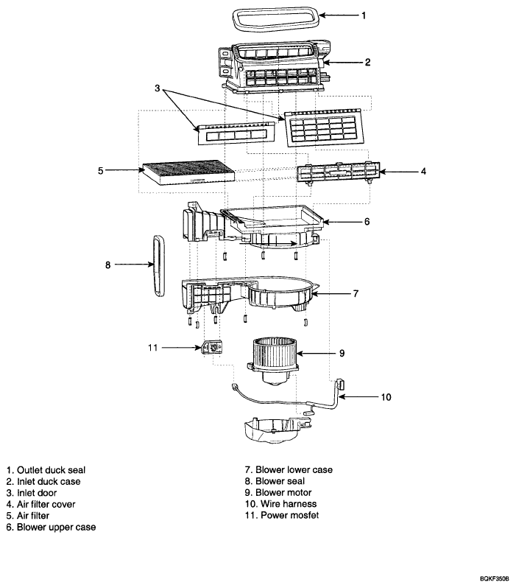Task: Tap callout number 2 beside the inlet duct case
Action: [x=367, y=62]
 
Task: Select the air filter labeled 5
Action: [x=188, y=172]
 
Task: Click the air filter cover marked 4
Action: [x=339, y=172]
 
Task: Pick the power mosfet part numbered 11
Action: [x=213, y=347]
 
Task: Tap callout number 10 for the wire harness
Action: [x=386, y=397]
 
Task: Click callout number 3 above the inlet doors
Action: [x=158, y=88]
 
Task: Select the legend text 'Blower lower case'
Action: [x=294, y=470]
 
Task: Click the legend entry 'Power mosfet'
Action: [x=290, y=515]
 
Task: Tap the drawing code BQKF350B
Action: [x=495, y=579]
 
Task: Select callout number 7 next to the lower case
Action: [x=356, y=293]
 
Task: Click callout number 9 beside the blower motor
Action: [x=342, y=353]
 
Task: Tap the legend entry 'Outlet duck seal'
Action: [x=52, y=470]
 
